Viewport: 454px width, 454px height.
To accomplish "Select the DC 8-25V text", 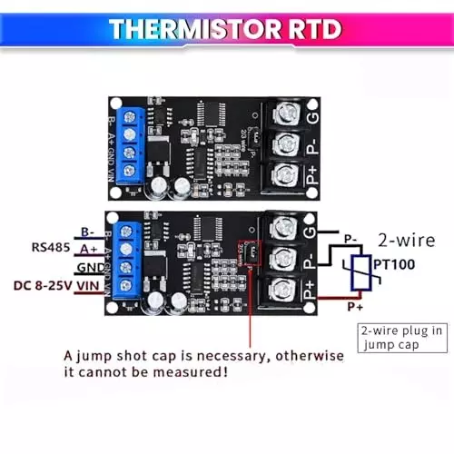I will point(43,286).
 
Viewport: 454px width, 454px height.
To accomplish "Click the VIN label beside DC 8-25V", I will point(88,286).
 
